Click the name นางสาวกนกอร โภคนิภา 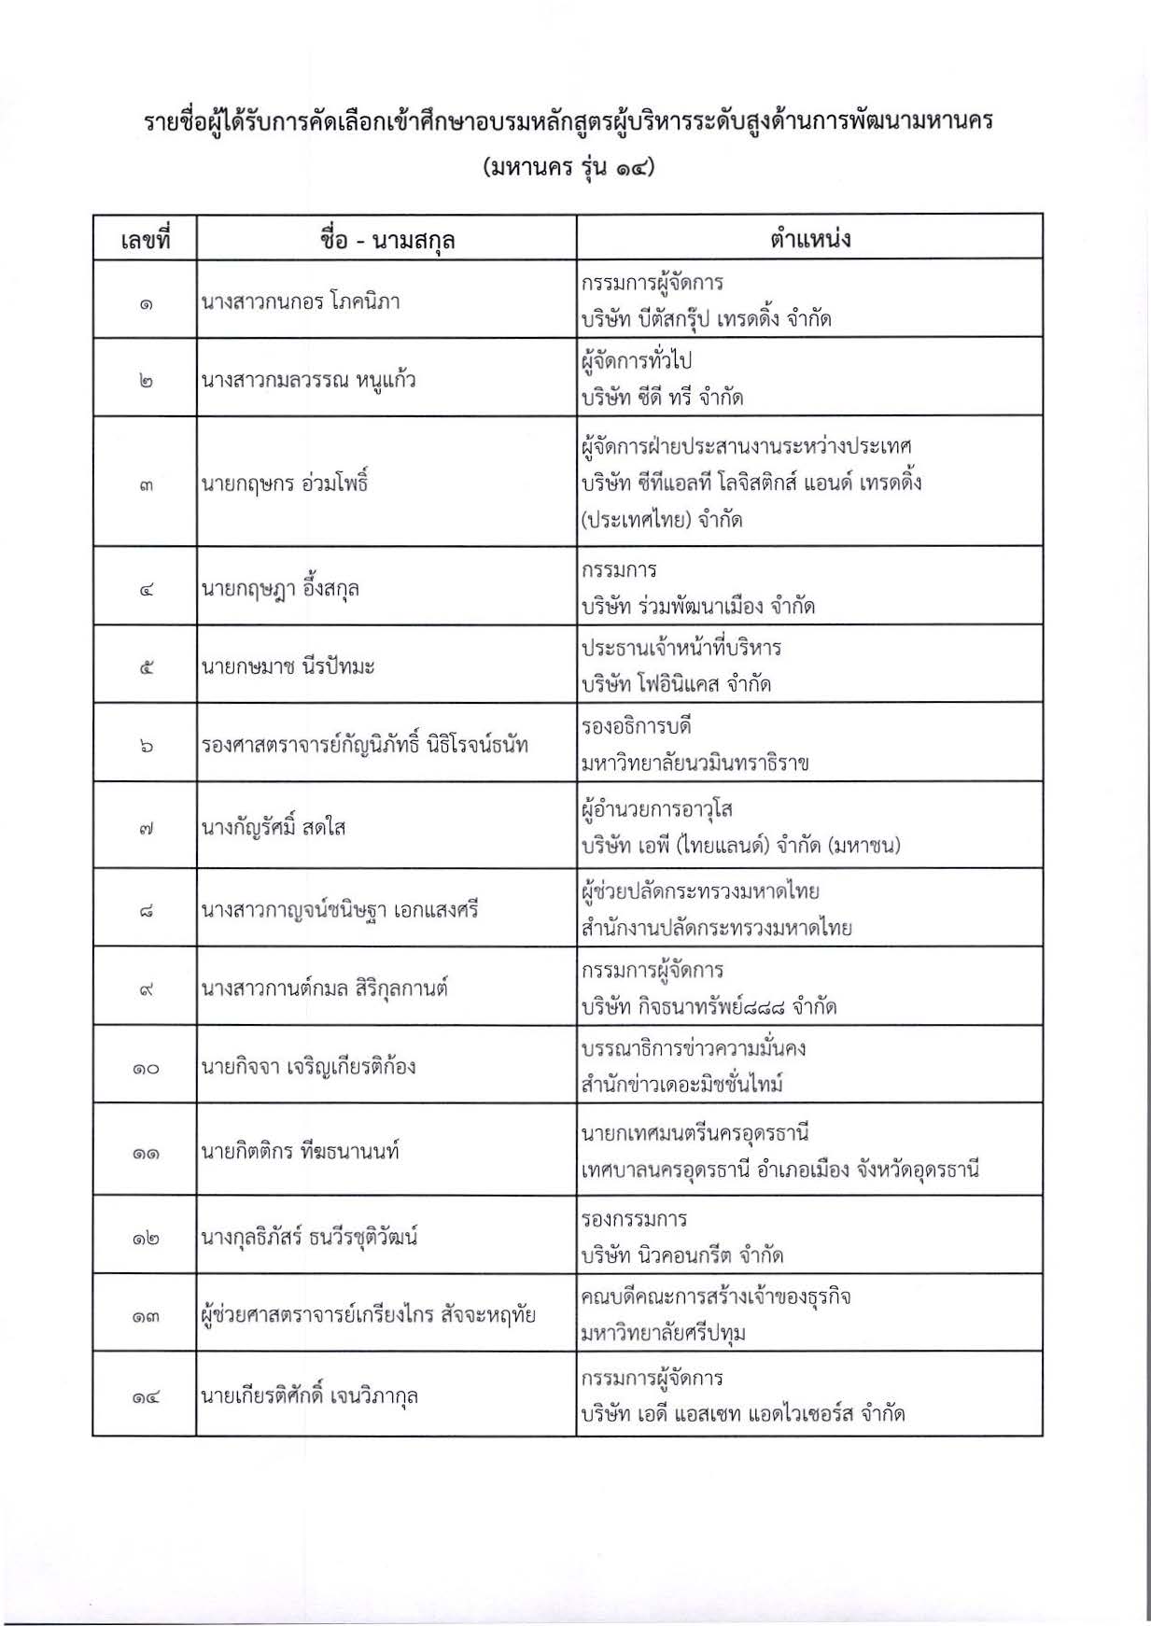(x=300, y=301)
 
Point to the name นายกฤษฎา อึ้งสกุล (x=280, y=589)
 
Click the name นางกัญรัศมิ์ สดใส (x=274, y=828)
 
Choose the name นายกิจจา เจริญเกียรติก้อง (x=308, y=1067)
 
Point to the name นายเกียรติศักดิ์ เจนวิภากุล (x=309, y=1396)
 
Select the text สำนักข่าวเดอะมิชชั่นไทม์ (x=681, y=1085)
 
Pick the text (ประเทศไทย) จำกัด (x=661, y=520)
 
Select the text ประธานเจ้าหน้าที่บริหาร (x=681, y=648)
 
